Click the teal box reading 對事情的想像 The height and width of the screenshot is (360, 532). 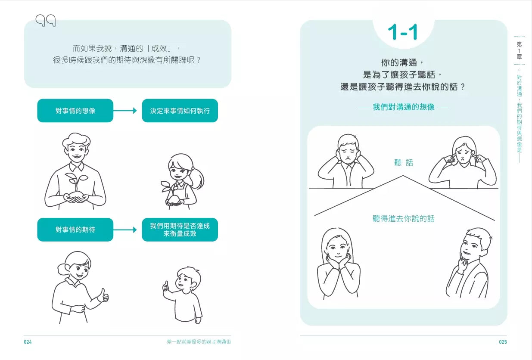point(75,111)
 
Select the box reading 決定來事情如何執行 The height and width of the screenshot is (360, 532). point(180,111)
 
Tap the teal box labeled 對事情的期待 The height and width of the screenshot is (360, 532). point(75,230)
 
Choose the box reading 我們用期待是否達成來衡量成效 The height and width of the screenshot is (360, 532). point(180,230)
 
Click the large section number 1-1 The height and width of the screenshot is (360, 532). point(402,32)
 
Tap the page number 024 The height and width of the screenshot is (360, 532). point(28,342)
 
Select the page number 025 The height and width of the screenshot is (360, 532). point(503,342)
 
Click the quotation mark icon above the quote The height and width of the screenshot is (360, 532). point(45,20)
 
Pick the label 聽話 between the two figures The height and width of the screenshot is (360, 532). point(404,163)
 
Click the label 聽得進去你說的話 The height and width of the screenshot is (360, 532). point(404,219)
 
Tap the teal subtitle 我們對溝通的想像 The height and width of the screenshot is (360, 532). point(404,107)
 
